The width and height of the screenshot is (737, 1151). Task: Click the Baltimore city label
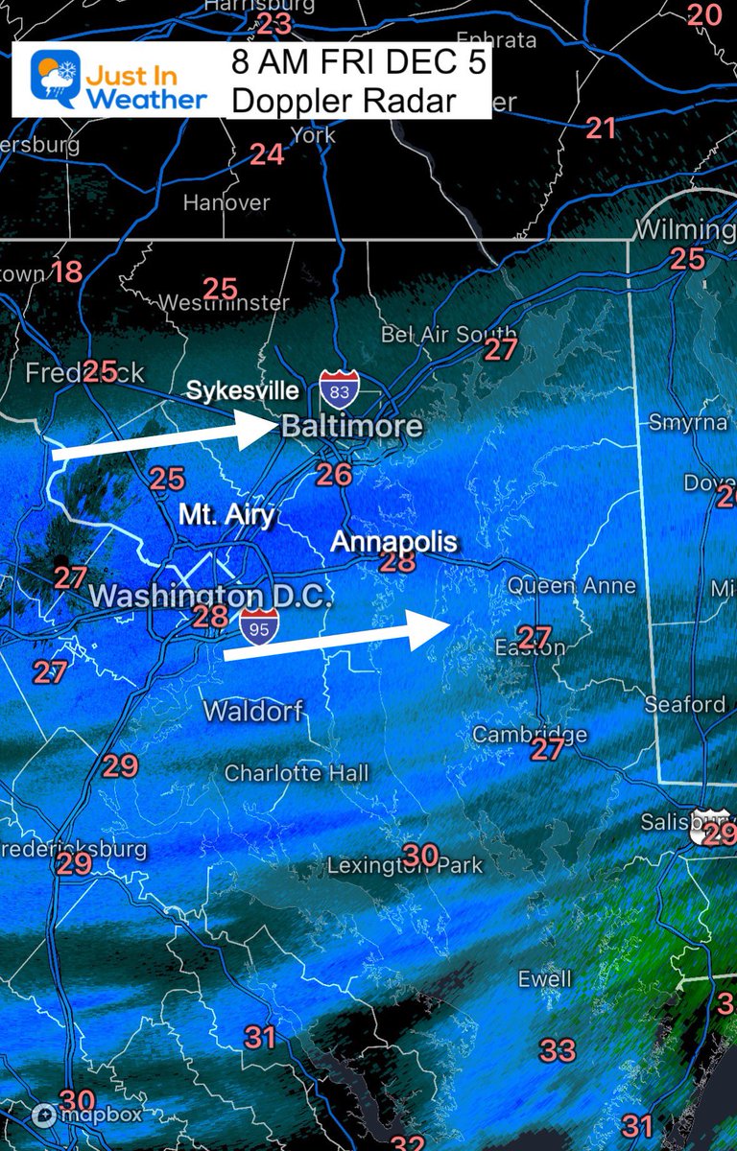pos(352,427)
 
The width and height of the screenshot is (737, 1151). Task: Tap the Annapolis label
pos(393,541)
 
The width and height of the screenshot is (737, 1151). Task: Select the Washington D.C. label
pos(210,596)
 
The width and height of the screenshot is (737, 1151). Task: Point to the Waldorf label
pos(253,712)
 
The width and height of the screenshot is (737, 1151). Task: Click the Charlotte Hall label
pos(297,773)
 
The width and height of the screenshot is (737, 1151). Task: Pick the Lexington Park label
pos(405,865)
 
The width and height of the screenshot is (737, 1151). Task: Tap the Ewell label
pos(544,979)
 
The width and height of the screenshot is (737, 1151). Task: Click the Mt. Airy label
pos(226,515)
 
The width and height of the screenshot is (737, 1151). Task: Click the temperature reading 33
pos(558,1050)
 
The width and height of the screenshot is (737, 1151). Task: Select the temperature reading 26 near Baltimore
pos(334,474)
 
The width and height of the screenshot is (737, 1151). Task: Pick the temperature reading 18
pos(66,271)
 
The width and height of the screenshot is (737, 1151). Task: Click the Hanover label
pos(226,203)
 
